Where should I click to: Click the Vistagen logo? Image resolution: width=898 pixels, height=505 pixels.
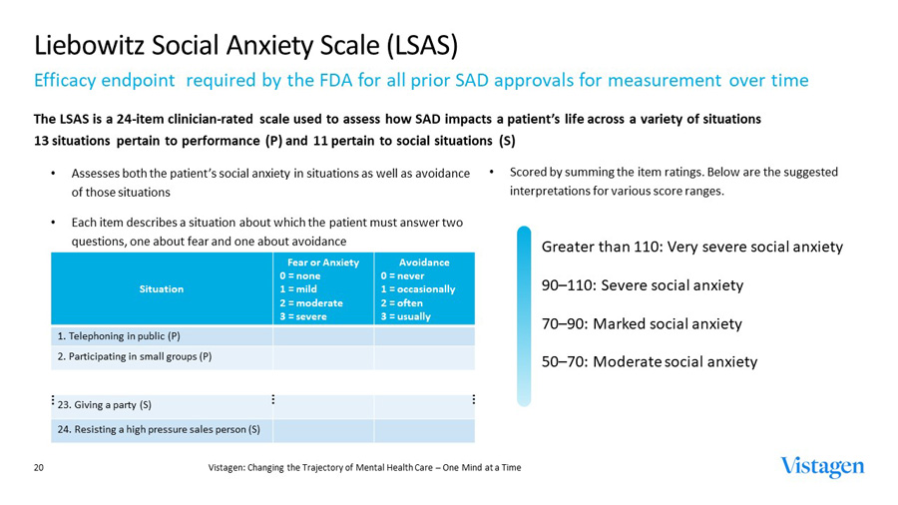(x=822, y=467)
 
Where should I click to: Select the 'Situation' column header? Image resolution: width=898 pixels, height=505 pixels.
(x=162, y=288)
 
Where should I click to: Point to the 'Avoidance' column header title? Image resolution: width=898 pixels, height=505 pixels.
(x=424, y=262)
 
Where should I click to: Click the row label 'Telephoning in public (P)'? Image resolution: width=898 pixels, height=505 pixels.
(x=121, y=335)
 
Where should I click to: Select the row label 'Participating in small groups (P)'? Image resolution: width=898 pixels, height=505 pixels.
(x=135, y=356)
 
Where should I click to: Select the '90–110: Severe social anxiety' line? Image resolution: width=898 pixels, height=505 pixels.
(x=642, y=285)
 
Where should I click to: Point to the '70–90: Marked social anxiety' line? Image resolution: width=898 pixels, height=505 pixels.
(x=641, y=323)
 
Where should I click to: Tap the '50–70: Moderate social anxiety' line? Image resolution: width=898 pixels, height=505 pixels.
(x=649, y=362)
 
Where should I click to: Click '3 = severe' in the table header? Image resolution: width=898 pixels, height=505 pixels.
(x=303, y=315)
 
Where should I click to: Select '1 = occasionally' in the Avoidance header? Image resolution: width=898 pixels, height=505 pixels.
(x=417, y=289)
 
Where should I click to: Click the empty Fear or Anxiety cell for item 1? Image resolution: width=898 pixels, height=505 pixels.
(x=323, y=335)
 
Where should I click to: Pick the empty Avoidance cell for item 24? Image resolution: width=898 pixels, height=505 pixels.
(x=424, y=430)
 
